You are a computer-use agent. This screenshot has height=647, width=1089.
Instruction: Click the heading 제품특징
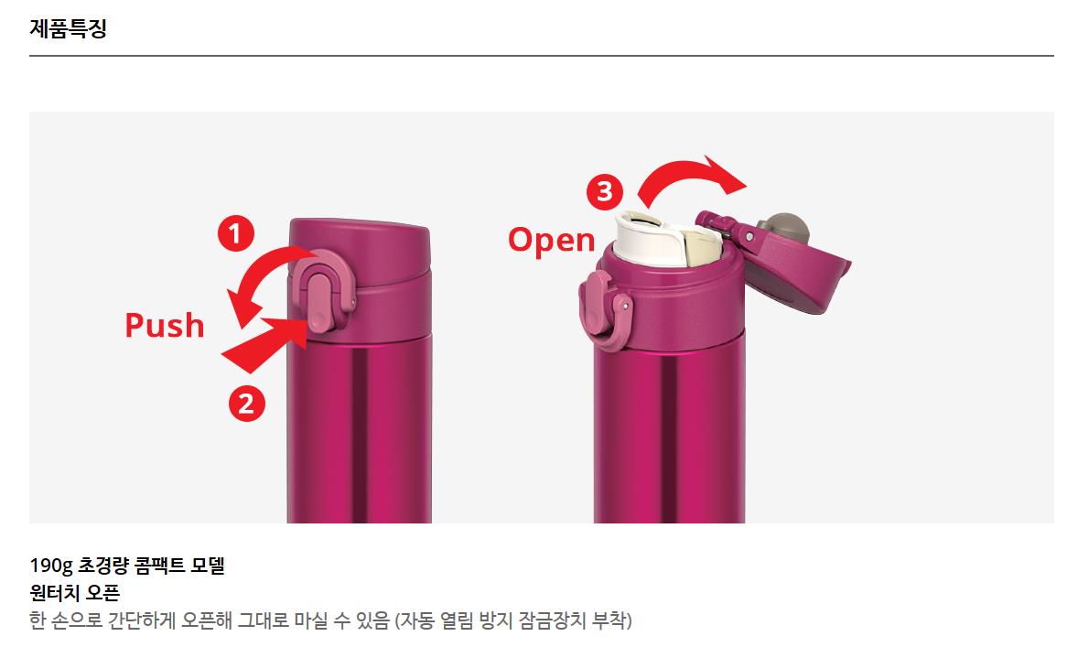[x=68, y=28]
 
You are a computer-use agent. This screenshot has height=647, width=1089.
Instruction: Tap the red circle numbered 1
[x=236, y=233]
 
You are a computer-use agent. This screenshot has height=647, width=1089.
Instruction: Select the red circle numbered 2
[x=247, y=404]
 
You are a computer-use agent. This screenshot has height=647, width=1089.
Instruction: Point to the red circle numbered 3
[x=605, y=191]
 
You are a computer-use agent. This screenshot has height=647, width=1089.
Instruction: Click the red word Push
[x=165, y=326]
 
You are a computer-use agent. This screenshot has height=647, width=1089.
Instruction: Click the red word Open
[x=552, y=240]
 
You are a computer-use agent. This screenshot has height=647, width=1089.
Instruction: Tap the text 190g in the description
[x=50, y=566]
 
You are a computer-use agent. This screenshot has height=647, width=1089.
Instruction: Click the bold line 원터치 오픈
[x=75, y=593]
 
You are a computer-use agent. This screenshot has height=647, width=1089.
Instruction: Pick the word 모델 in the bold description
[x=208, y=565]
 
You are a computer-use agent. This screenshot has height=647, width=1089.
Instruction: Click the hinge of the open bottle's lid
[x=726, y=225]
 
